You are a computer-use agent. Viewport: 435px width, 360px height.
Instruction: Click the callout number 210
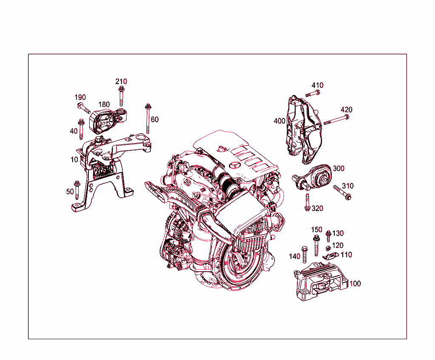click(x=121, y=82)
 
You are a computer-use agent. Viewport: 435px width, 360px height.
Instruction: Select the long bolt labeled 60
click(x=148, y=119)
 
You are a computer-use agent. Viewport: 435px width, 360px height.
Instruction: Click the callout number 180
click(x=104, y=104)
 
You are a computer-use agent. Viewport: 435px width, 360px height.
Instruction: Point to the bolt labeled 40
click(x=81, y=129)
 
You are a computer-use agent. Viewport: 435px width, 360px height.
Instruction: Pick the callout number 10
click(x=74, y=160)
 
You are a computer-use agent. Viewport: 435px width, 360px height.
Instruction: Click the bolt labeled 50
click(x=77, y=190)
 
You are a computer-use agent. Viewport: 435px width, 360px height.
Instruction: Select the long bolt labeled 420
click(x=336, y=120)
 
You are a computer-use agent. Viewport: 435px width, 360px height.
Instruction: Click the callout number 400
click(x=280, y=121)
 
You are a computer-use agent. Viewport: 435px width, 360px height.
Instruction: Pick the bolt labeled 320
click(x=307, y=202)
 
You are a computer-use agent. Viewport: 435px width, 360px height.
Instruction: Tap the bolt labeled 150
click(x=316, y=245)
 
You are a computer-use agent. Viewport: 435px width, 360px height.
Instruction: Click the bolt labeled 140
click(x=304, y=253)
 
